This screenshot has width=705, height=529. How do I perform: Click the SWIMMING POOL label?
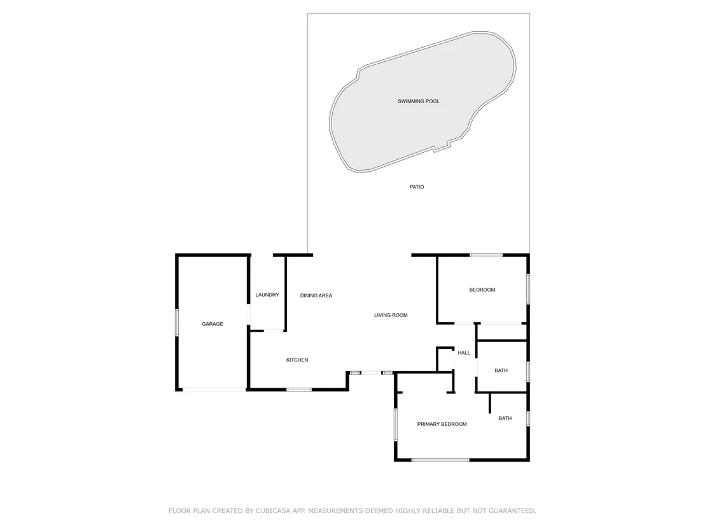[x=418, y=101]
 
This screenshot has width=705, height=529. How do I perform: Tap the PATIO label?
[x=416, y=187]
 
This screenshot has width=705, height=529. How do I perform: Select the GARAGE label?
[x=213, y=324]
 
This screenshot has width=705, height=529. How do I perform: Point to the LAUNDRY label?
[x=267, y=295]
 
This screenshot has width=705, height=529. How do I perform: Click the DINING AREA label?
[x=316, y=295]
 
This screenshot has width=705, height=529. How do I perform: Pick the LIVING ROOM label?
[x=391, y=315]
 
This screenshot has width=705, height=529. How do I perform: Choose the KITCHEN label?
[x=297, y=360]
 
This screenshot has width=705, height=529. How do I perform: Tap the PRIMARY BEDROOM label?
[x=442, y=424]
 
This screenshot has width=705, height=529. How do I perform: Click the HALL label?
[x=464, y=353]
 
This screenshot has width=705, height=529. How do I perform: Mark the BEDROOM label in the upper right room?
[x=482, y=290]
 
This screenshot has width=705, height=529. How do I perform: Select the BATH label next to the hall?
[x=501, y=370]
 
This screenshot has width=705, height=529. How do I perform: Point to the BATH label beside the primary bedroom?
[x=505, y=418]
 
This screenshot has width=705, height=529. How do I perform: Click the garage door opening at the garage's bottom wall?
[x=214, y=390]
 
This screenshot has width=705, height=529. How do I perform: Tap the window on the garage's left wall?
[x=177, y=322]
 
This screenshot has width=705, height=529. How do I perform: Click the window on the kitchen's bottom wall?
[x=299, y=390]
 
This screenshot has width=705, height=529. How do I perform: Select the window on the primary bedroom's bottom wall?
[x=440, y=460]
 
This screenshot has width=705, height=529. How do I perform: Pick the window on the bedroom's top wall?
[x=486, y=255]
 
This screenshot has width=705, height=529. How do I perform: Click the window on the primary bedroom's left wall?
[x=396, y=424]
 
